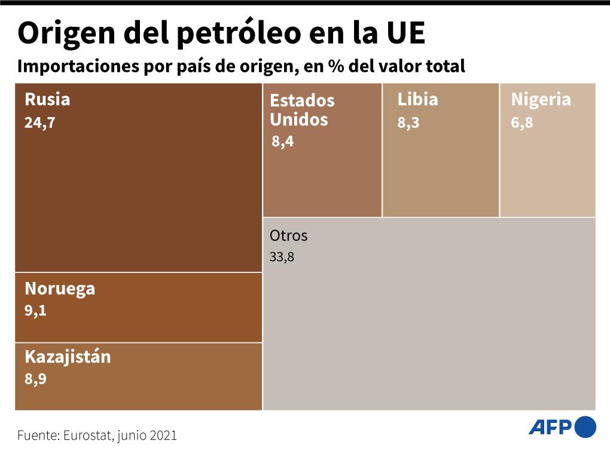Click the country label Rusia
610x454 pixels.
[47, 99]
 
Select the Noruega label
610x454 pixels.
[60, 289]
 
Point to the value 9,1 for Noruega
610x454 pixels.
[35, 311]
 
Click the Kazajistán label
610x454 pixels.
[68, 357]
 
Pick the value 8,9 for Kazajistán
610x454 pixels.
[35, 379]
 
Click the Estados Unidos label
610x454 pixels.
[302, 110]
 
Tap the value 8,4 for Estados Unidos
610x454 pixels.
[282, 142]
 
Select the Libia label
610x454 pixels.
[417, 99]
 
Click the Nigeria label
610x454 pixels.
[541, 99]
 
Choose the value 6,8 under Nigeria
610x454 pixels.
[521, 124]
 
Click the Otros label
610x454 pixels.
[288, 235]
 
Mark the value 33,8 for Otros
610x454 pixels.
[282, 258]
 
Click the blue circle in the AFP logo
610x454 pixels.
[585, 427]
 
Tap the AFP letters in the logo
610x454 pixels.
[550, 427]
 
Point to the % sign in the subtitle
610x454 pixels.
[334, 66]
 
